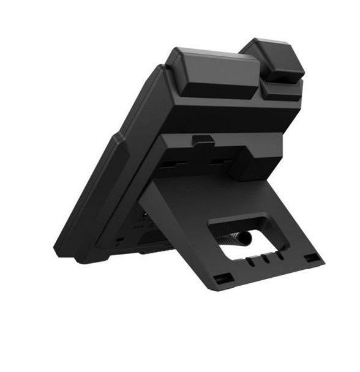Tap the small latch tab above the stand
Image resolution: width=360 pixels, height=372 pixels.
coord(203,141)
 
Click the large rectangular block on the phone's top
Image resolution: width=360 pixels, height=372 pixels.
coord(212,73)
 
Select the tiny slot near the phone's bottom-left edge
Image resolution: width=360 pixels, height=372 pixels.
coord(119,240)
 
